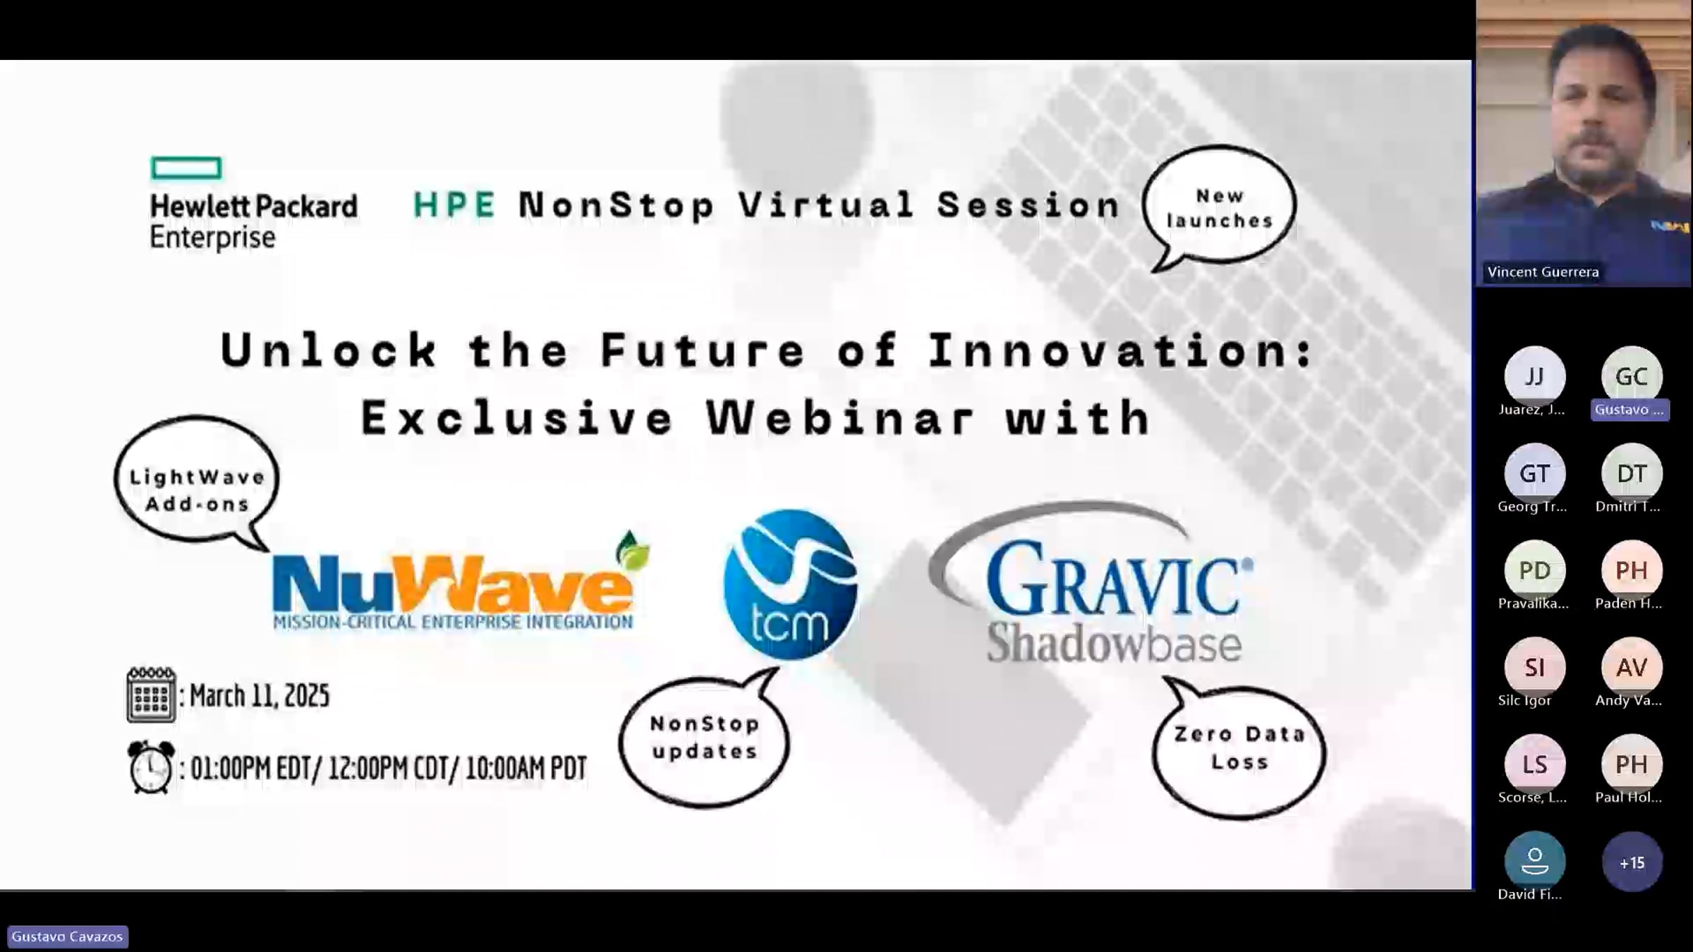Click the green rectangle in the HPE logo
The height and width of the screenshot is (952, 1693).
coord(186,169)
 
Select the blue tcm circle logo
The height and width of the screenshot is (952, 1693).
coord(790,584)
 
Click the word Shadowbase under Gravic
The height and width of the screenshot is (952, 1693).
coord(1114,642)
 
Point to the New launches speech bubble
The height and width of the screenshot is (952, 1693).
coord(1220,207)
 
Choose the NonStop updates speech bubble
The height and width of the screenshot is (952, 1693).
coord(704,739)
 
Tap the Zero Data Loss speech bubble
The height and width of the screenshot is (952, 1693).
coord(1239,750)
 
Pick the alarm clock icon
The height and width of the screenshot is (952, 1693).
coord(151,767)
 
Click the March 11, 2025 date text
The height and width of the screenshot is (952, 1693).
coord(260,696)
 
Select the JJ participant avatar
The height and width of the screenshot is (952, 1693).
coord(1534,377)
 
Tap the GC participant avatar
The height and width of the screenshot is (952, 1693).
coord(1631,377)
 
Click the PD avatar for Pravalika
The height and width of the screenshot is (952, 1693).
coord(1534,570)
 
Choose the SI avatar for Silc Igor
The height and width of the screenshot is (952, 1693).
coord(1534,667)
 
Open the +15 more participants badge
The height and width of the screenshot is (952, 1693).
coord(1632,862)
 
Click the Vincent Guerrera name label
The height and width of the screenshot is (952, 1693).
coord(1543,272)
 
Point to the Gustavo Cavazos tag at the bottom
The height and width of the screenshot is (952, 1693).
coord(67,936)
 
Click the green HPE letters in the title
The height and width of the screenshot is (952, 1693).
coord(454,205)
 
